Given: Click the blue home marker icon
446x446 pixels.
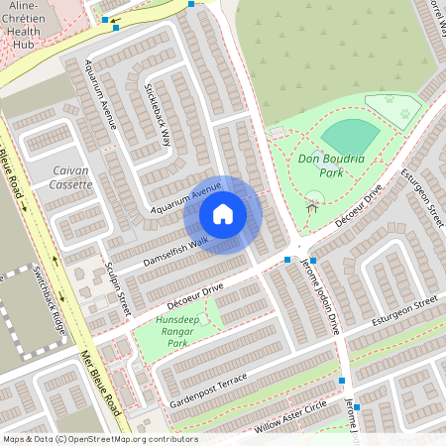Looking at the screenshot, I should [223, 213].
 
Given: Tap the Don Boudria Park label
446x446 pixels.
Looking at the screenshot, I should [332, 164].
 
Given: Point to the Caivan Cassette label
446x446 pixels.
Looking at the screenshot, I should [70, 177].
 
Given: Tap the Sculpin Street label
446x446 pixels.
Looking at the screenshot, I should [117, 288].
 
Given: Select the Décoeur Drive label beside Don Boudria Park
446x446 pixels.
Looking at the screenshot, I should [360, 206].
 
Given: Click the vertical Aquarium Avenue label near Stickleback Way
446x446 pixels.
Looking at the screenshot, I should [101, 94].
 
